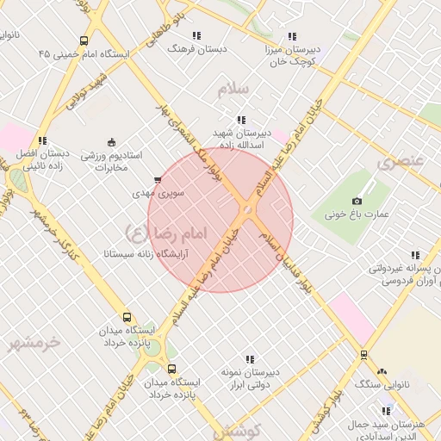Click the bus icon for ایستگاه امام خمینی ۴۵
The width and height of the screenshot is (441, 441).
(x=84, y=40)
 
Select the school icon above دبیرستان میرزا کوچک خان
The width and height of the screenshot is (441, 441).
(x=292, y=36)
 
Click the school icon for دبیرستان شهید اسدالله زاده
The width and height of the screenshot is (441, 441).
(x=240, y=120)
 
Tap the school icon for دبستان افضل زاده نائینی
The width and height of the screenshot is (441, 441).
(x=41, y=140)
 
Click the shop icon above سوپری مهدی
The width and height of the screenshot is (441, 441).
(x=157, y=181)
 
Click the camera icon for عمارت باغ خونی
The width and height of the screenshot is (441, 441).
(x=357, y=202)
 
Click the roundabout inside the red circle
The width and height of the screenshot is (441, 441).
(x=247, y=209)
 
